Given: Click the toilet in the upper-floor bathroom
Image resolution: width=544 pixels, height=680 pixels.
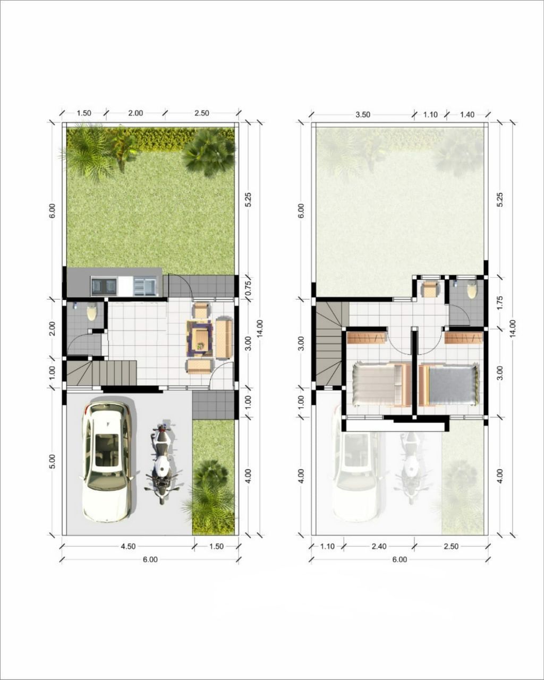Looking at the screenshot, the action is coord(472,291).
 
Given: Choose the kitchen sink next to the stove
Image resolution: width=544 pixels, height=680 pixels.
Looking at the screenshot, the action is coord(145,286).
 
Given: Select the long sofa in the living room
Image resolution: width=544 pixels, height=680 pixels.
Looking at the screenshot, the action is coord(224,338).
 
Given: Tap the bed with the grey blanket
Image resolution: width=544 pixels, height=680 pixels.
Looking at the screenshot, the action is coord(448,386).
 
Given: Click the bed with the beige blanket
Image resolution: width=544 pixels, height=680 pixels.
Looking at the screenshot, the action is coord(381,384).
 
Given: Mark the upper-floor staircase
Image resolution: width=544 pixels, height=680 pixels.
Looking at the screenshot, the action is coord(329,344).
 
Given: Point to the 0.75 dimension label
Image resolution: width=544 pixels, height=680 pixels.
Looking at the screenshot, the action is coord(248,286).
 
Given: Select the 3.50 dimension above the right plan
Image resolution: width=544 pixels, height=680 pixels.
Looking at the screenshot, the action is coord(362,115).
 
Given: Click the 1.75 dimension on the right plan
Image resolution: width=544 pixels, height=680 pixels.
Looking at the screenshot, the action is coord(500,303).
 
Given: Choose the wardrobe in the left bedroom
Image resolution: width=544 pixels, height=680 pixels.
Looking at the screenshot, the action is coord(367,337).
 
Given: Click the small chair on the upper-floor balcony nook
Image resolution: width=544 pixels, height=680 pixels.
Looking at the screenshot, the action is coord(430,289).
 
